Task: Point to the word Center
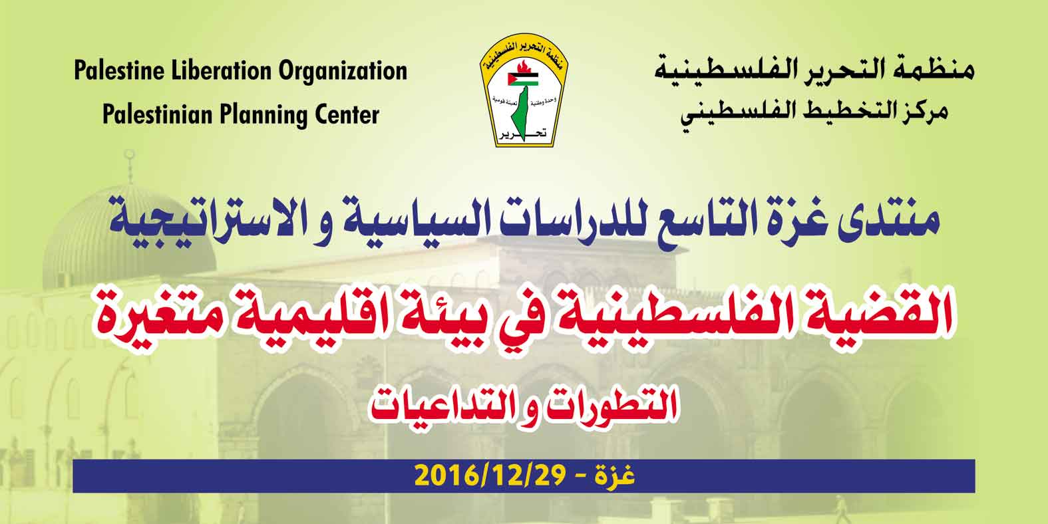click(347, 114)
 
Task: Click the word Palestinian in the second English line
click(157, 114)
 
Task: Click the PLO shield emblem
click(524, 90)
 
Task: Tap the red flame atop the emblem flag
click(524, 67)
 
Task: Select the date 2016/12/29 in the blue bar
click(490, 476)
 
